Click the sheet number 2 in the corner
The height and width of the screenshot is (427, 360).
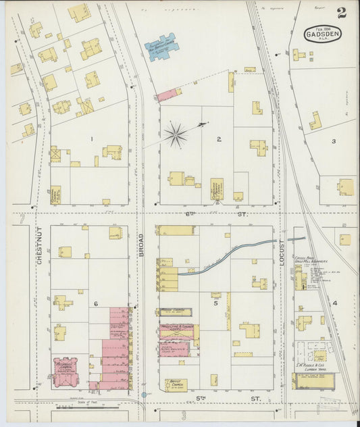tap(342, 12)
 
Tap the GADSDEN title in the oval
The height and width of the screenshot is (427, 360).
tap(322, 32)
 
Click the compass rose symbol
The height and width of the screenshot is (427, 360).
tap(176, 134)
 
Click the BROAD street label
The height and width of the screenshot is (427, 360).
tap(142, 244)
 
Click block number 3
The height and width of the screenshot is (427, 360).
tap(333, 141)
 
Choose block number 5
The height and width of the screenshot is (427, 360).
tap(216, 303)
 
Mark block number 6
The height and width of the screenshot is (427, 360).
tap(96, 303)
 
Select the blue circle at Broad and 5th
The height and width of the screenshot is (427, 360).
tap(144, 395)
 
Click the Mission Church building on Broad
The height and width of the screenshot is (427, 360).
tap(175, 312)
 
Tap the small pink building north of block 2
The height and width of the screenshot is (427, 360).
tap(169, 95)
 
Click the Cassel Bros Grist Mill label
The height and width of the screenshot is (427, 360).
tap(308, 259)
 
